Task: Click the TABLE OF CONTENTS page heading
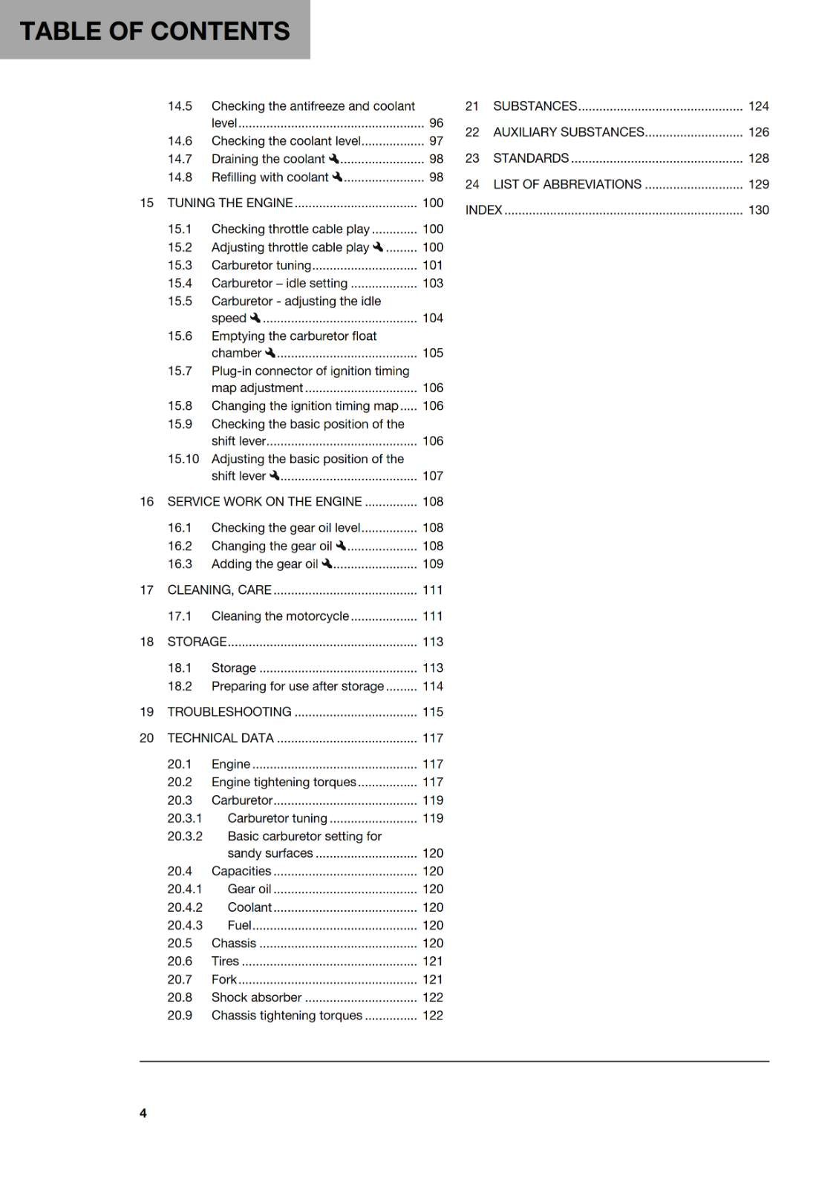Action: (x=154, y=31)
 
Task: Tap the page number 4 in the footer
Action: (x=143, y=1112)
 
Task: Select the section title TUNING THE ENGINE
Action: (x=230, y=203)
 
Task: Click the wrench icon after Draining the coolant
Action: (x=334, y=159)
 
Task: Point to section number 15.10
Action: (x=183, y=459)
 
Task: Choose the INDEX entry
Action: (x=484, y=210)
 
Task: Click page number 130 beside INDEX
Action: (x=758, y=210)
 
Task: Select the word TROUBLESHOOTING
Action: (x=229, y=711)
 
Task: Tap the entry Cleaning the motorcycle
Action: (x=280, y=616)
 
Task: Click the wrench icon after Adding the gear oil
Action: (x=327, y=564)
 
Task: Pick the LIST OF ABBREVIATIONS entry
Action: (x=567, y=184)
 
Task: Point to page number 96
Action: (x=436, y=123)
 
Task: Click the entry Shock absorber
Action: (x=256, y=997)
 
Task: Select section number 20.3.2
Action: (x=184, y=836)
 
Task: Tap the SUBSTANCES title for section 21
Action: (x=535, y=106)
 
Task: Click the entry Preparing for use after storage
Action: (x=298, y=686)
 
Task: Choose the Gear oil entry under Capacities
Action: (x=249, y=889)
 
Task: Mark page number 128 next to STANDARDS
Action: (x=758, y=158)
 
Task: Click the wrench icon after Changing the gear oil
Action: (x=341, y=546)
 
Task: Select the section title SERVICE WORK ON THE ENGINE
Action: (x=264, y=501)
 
